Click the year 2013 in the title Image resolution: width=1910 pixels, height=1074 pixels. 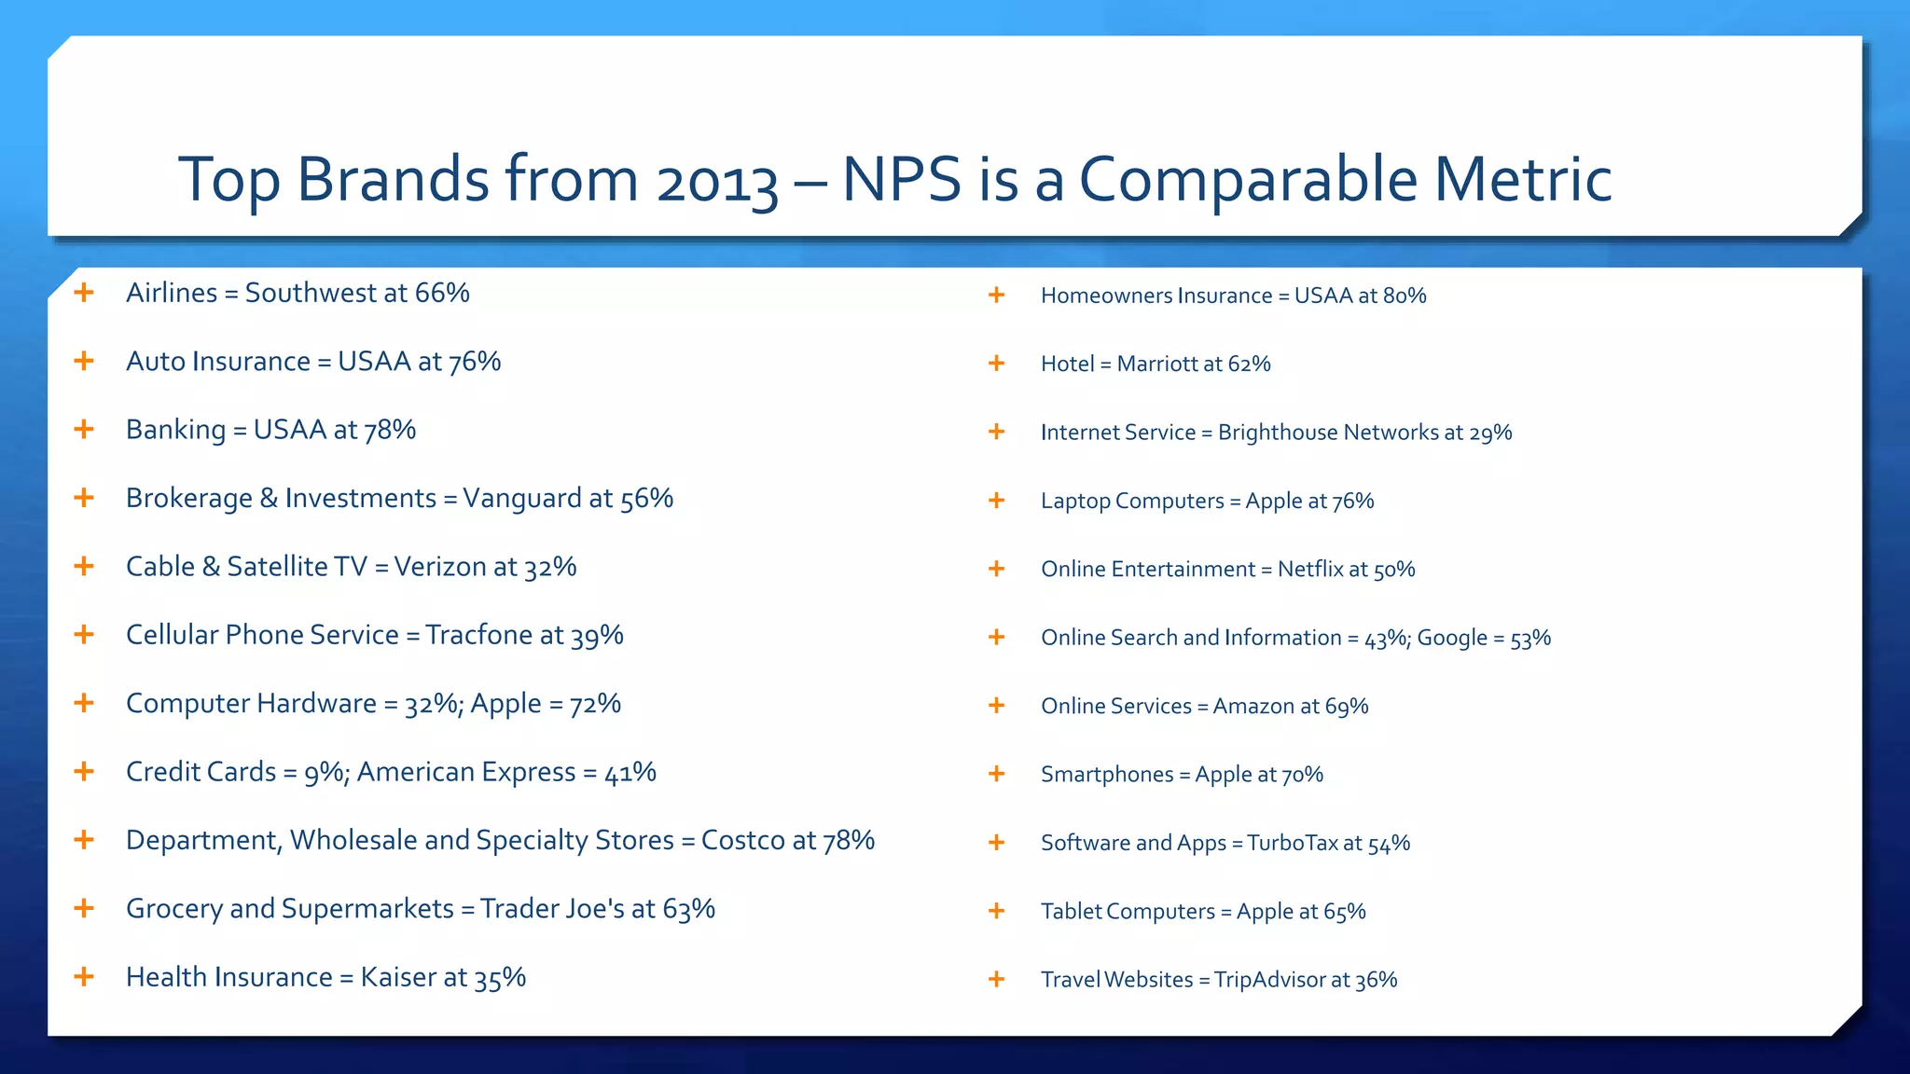716,181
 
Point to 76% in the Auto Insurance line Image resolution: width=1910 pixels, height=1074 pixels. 475,362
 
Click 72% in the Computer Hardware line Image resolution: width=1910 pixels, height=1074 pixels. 595,704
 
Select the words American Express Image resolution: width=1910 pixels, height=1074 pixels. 466,772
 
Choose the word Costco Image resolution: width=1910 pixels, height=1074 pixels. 742,840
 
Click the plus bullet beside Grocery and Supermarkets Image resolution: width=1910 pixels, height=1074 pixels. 84,908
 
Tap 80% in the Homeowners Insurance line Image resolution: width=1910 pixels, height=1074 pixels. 1405,296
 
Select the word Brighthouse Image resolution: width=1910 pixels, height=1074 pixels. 1278,433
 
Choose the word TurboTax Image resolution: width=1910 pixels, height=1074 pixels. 1292,844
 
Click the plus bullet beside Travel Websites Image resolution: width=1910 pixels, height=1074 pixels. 996,979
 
